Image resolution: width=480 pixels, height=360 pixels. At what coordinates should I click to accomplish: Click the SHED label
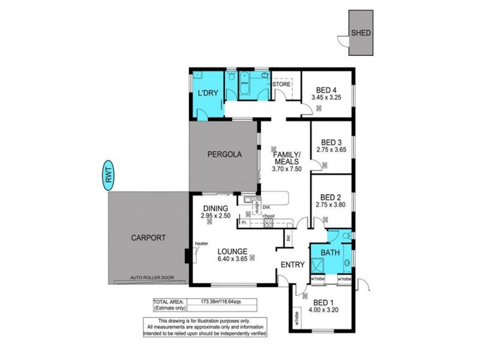coord(360,34)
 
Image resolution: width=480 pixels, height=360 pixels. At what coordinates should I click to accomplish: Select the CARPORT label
coord(148,238)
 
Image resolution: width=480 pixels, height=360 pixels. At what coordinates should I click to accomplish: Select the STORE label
coord(281,85)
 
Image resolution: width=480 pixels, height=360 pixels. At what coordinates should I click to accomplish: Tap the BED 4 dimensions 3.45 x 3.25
coord(326,97)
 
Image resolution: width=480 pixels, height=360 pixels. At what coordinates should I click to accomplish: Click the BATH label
coord(331,253)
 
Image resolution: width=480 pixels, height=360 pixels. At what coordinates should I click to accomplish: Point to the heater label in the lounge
coord(201,243)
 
